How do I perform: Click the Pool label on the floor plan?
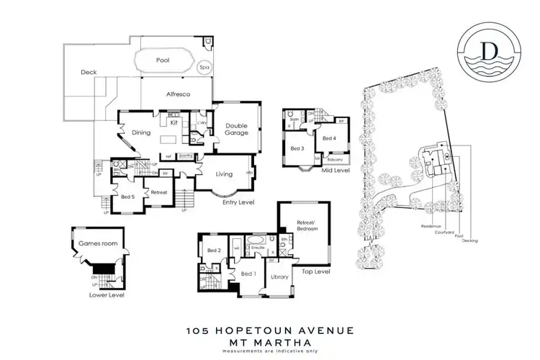click(x=163, y=60)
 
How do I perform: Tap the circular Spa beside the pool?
click(x=204, y=67)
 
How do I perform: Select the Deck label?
click(x=89, y=72)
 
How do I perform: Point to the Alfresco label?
click(x=177, y=94)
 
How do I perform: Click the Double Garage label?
click(x=232, y=130)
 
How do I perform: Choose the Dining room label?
click(x=140, y=132)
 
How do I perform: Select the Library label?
click(x=279, y=276)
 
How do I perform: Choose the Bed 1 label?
click(x=248, y=274)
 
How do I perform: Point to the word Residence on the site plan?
click(x=429, y=226)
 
